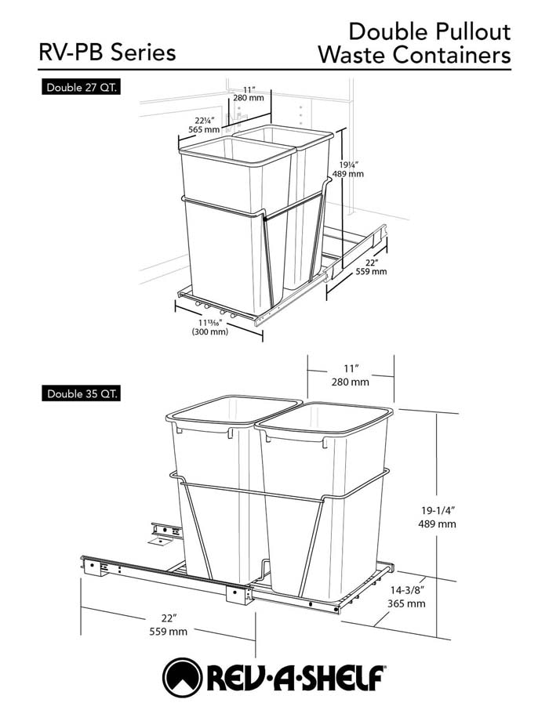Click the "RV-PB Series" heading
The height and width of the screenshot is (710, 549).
pyautogui.click(x=107, y=52)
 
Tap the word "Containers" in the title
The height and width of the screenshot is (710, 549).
pyautogui.click(x=452, y=55)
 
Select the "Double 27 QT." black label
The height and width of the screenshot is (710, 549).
pyautogui.click(x=82, y=88)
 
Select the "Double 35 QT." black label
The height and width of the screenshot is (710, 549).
pyautogui.click(x=82, y=393)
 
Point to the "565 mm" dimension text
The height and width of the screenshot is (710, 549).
pyautogui.click(x=205, y=129)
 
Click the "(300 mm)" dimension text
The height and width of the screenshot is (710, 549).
pyautogui.click(x=210, y=331)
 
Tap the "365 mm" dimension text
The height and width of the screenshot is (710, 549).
pyautogui.click(x=406, y=603)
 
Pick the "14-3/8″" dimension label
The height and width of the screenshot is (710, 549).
pyautogui.click(x=406, y=590)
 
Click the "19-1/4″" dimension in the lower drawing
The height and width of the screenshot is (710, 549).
pyautogui.click(x=438, y=510)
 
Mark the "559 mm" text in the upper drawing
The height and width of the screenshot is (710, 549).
pyautogui.click(x=371, y=271)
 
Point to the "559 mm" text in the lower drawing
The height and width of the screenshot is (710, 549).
pyautogui.click(x=168, y=631)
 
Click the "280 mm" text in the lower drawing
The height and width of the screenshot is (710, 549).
pyautogui.click(x=350, y=382)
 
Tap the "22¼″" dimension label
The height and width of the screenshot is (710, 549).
pyautogui.click(x=205, y=121)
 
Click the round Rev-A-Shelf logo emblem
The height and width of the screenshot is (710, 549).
pyautogui.click(x=182, y=678)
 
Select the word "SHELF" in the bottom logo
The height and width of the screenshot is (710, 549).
pyautogui.click(x=344, y=679)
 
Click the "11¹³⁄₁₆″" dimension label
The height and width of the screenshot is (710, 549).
pyautogui.click(x=209, y=323)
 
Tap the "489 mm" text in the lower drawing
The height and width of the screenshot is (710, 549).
pyautogui.click(x=437, y=524)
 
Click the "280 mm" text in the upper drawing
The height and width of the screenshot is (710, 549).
pyautogui.click(x=249, y=97)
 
